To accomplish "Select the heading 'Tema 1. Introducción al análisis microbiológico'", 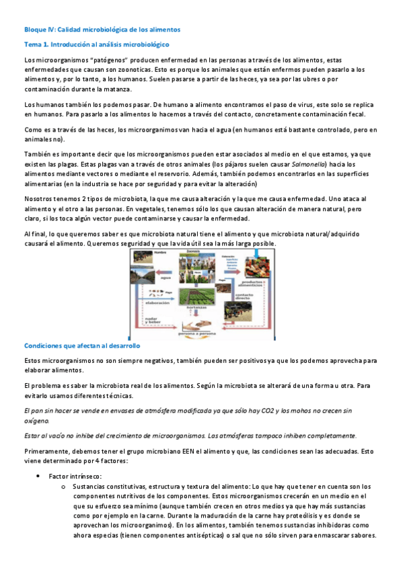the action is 96,44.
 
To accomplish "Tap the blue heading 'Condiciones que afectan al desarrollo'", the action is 81,345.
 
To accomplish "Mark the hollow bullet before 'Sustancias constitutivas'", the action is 63,485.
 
